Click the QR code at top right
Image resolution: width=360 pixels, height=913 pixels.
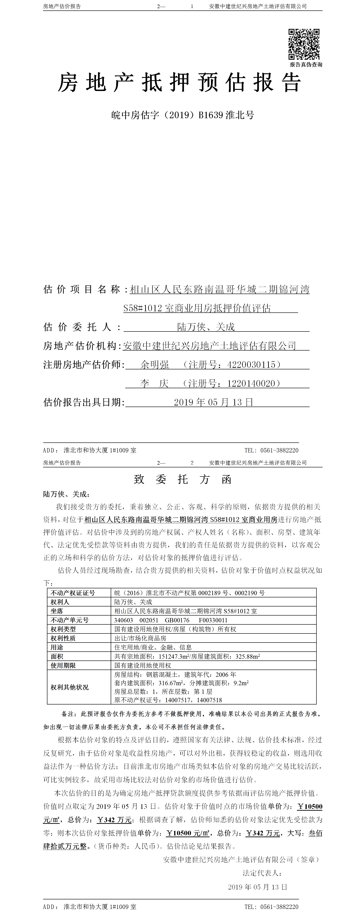(304, 44)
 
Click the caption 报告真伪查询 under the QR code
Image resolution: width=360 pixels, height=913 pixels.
(306, 64)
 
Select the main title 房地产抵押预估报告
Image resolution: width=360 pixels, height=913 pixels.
(180, 83)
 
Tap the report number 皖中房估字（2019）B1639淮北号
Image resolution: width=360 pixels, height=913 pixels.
(182, 115)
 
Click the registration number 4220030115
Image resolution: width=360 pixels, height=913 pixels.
(251, 364)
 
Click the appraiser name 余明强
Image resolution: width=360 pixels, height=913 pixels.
(154, 364)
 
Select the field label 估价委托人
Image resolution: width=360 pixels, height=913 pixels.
(77, 327)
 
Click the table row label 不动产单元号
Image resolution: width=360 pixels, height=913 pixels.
(69, 620)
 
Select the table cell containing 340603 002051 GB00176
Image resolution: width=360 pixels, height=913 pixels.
(170, 620)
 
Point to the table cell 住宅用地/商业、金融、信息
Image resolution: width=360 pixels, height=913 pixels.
(153, 647)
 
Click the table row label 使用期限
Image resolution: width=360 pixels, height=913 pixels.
(63, 665)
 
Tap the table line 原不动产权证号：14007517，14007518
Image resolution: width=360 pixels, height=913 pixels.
(168, 700)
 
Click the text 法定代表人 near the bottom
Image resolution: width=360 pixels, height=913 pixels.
(262, 873)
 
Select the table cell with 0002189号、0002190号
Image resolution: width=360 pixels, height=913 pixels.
(189, 593)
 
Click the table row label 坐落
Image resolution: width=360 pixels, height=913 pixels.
(57, 611)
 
